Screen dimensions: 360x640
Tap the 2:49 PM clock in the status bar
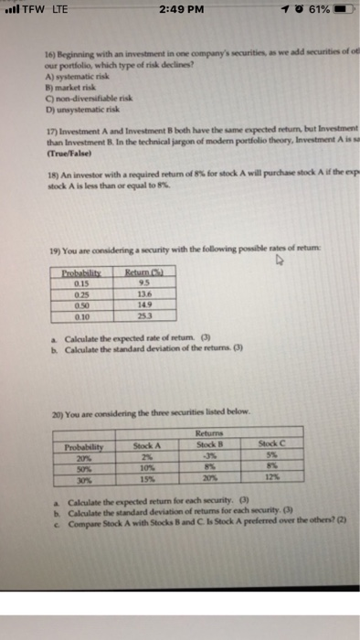[x=179, y=12]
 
